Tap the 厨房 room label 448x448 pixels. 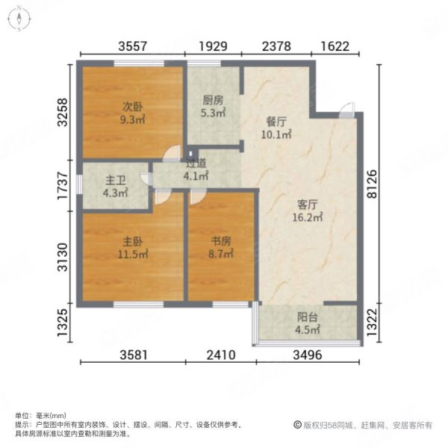pyautogui.click(x=213, y=100)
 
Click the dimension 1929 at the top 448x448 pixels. pyautogui.click(x=214, y=46)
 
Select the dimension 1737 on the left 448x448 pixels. pyautogui.click(x=65, y=186)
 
